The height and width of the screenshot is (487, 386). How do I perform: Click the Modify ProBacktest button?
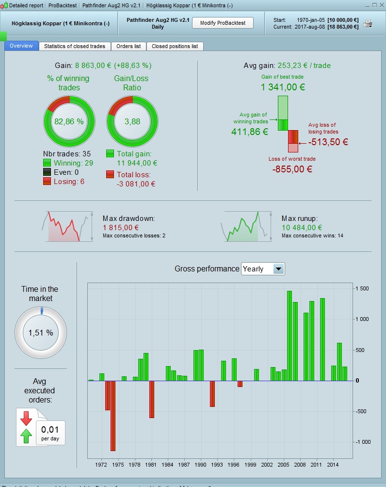pos(223,23)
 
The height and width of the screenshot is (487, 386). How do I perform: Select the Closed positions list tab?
pos(175,46)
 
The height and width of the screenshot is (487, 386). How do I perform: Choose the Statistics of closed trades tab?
pos(74,46)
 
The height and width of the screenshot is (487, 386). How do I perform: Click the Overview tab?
pos(21,46)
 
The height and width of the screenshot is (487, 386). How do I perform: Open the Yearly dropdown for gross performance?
pos(278,269)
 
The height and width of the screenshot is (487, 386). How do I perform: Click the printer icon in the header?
pos(368,23)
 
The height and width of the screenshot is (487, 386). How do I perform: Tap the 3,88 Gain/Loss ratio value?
pos(132,121)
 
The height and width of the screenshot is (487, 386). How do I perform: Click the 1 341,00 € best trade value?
pos(283,87)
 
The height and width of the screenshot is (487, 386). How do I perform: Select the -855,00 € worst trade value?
pos(292,169)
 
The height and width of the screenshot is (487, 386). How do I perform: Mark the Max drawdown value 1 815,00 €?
pos(121,227)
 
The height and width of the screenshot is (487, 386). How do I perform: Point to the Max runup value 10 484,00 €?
pos(302,227)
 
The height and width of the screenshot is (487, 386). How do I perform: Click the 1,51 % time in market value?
pos(41,333)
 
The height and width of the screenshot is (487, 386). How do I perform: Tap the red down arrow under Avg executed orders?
pos(26,418)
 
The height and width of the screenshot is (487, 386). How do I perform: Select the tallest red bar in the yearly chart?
pos(113,416)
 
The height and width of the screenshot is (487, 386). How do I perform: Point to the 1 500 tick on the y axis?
pos(362,288)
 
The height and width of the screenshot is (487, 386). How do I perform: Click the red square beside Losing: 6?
pos(47,181)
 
